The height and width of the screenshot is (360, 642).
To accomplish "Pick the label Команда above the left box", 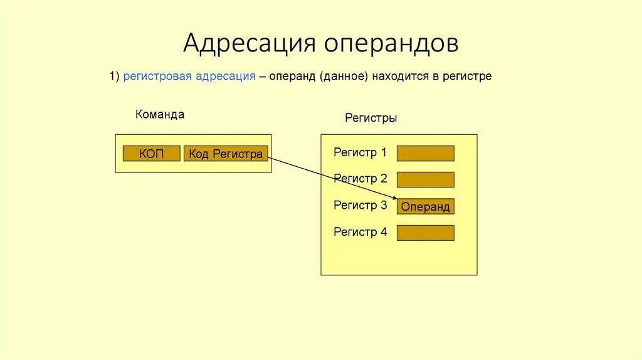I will tap(160, 115).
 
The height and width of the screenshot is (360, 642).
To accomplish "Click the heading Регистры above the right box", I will tap(371, 118).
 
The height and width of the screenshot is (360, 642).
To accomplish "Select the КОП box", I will tap(151, 154).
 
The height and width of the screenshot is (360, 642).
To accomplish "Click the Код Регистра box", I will tap(226, 154).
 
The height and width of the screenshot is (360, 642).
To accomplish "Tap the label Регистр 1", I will tap(360, 152).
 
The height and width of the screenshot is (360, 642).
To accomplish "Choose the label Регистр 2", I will tap(360, 179).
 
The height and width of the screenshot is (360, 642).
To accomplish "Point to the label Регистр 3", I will tap(360, 205).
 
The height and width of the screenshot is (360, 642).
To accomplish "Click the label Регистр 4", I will tap(360, 232).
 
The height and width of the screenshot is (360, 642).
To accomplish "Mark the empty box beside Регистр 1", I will tap(425, 154).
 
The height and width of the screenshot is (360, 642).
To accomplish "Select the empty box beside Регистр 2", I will tap(425, 180).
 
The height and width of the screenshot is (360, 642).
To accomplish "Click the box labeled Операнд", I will tap(425, 207).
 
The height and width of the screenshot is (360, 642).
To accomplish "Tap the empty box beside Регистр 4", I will tap(425, 233).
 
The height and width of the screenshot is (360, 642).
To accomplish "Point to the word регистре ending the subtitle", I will tap(467, 77).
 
